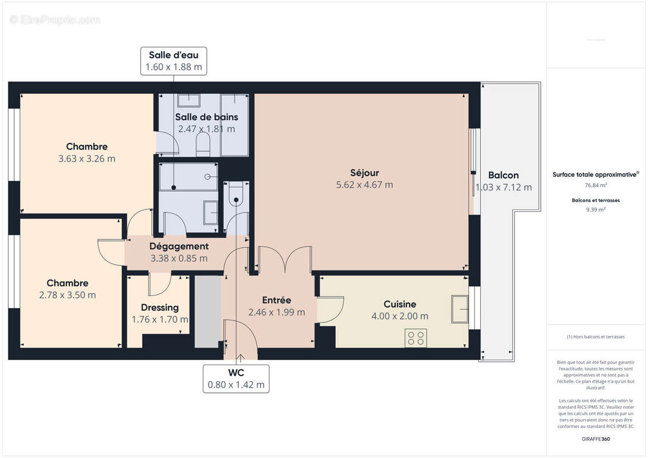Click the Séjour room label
(364, 173)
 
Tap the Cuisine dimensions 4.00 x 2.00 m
(400, 316)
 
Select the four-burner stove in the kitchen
(416, 338)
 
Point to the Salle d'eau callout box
(174, 61)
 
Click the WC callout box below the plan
(236, 378)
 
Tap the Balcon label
(503, 175)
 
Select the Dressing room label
(160, 307)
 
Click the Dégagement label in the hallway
(179, 246)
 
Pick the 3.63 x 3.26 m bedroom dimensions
(87, 159)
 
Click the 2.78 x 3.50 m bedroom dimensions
(68, 295)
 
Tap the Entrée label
(276, 300)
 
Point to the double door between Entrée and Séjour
(285, 259)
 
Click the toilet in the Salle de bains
(203, 144)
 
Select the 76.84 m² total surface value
(596, 185)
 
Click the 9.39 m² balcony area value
(596, 210)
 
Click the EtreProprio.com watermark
(55, 20)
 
